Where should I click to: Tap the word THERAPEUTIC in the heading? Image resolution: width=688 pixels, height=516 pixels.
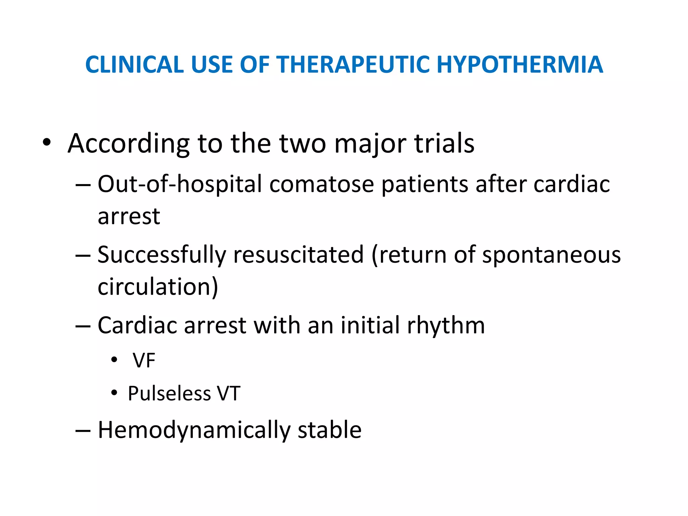(x=352, y=64)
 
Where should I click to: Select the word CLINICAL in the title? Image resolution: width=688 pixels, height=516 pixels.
(x=134, y=64)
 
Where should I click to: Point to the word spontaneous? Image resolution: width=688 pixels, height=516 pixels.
(x=551, y=255)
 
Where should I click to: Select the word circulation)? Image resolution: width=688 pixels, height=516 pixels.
(x=158, y=287)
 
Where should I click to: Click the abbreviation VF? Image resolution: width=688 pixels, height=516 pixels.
(x=144, y=361)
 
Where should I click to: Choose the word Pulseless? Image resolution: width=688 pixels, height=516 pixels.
(x=169, y=393)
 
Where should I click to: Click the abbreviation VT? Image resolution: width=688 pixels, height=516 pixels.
(x=228, y=393)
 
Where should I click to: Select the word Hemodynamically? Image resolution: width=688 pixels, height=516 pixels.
(x=193, y=431)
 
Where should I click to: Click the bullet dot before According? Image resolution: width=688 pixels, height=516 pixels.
(x=47, y=142)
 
